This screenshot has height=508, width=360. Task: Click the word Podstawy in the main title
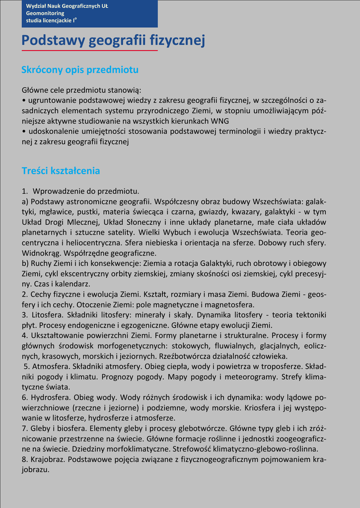53,40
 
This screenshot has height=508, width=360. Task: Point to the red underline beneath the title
89,50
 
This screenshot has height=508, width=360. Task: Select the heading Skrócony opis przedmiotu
80,70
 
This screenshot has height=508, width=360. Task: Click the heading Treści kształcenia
61,171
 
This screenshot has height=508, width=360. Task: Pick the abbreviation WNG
220,121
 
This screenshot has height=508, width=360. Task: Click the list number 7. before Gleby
25,428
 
